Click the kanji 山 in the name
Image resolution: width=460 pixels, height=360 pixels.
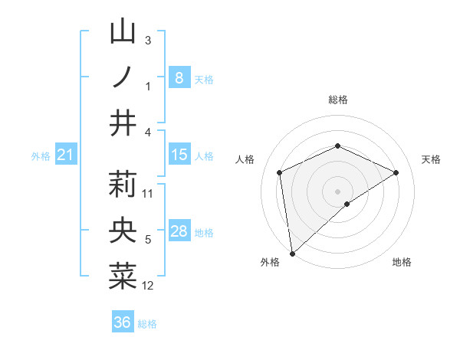coord(123,32)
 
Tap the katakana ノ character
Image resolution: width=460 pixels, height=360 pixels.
coord(123,77)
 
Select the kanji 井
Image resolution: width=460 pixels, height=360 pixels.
coord(123,123)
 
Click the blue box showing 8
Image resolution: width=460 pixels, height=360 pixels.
coord(179,77)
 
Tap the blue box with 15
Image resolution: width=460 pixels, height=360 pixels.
coord(179,155)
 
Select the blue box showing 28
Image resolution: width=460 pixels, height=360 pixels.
coord(179,232)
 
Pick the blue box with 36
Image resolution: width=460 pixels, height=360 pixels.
coord(123,322)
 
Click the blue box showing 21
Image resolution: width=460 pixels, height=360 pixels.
coord(65,155)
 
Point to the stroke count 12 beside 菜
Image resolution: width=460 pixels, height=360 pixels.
coord(148,286)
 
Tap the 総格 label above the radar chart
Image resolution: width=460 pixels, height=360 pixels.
coord(337,100)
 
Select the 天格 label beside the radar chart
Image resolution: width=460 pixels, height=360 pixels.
coord(431,159)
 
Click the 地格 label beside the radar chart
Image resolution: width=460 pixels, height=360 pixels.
coord(402,262)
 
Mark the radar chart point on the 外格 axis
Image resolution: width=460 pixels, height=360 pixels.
coord(292,253)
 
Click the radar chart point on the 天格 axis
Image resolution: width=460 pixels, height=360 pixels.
coord(396,172)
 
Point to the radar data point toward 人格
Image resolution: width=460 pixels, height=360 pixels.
coord(280,172)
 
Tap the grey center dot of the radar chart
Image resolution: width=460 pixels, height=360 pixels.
coord(337,191)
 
